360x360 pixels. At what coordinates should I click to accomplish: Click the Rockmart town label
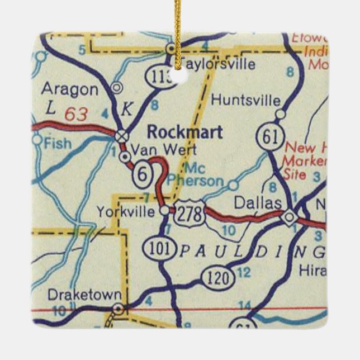click(184, 132)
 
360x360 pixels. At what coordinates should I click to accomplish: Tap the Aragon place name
click(70, 89)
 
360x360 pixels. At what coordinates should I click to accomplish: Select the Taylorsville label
click(218, 64)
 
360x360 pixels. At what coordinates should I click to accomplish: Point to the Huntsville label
click(245, 101)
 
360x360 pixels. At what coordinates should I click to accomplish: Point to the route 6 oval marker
click(143, 174)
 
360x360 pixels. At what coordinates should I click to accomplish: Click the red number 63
click(76, 115)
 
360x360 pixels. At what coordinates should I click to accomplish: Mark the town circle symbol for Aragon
click(116, 87)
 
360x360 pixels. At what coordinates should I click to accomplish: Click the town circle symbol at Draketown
click(117, 308)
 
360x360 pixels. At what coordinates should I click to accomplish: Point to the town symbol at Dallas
click(290, 217)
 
